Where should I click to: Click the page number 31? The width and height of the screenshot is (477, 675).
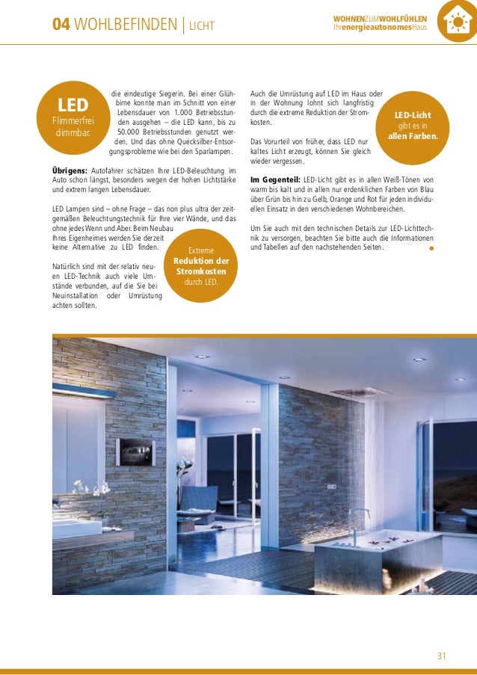point(441,656)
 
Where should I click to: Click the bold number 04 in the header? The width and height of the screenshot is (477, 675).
point(61,26)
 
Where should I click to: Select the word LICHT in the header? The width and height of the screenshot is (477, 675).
point(201,27)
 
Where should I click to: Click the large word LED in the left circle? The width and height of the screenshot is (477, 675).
point(73,105)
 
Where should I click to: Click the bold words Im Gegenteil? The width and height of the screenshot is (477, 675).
point(275,180)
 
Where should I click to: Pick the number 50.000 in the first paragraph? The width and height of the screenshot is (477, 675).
point(132,132)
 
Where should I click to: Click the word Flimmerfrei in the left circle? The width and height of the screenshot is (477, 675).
point(73,122)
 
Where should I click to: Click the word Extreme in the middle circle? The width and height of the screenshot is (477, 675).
point(200,250)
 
